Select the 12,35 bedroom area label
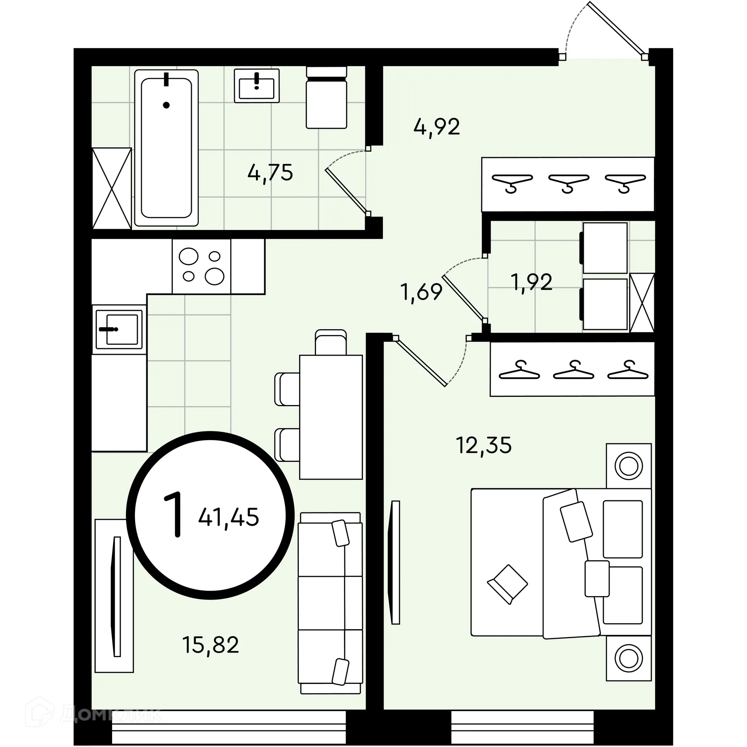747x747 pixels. tap(484, 445)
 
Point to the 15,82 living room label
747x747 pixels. tap(210, 644)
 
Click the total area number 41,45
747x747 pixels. tap(228, 517)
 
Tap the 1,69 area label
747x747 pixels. tap(421, 292)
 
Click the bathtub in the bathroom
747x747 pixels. tap(167, 148)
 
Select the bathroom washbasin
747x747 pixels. tap(257, 86)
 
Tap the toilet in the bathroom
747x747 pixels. tap(326, 98)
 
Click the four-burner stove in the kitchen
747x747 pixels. tap(202, 266)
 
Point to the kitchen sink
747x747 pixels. tap(119, 330)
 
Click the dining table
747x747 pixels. tap(331, 417)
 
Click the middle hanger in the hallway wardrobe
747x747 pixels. tap(568, 183)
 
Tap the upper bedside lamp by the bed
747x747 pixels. tap(629, 466)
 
